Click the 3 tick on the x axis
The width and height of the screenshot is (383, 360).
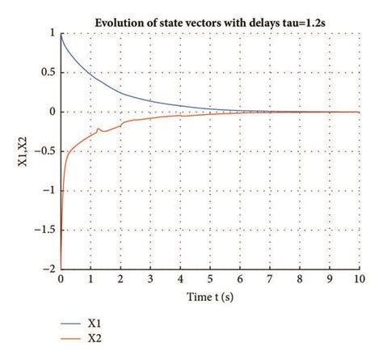tap(150, 280)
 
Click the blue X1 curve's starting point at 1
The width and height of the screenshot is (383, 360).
tap(61, 34)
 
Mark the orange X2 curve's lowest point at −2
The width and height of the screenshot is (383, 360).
tap(61, 269)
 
